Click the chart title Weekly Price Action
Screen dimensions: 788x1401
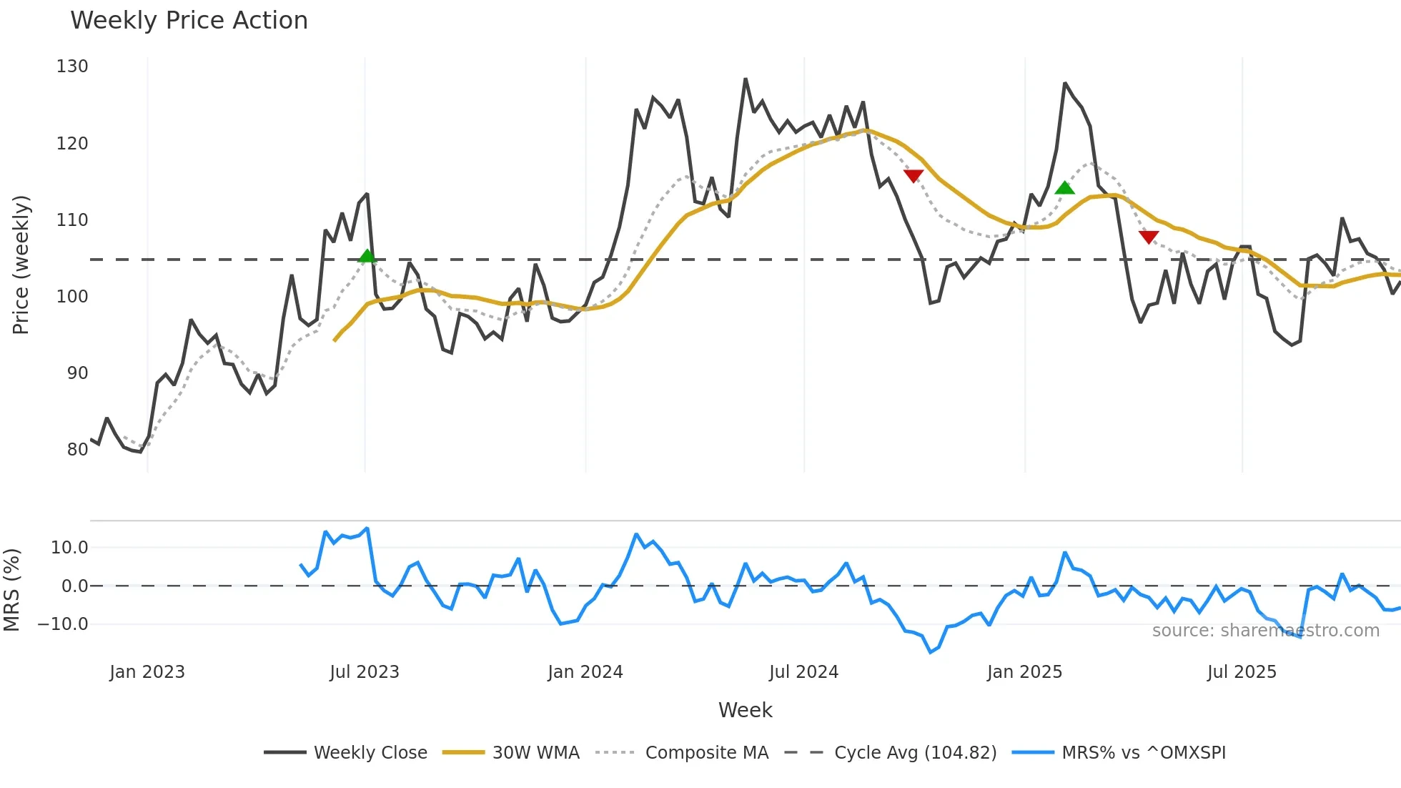(x=189, y=21)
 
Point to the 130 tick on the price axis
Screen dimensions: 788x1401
(x=72, y=67)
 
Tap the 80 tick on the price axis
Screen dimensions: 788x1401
(x=77, y=450)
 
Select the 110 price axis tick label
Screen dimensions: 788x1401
(x=72, y=220)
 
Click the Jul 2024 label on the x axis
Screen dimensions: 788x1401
(x=803, y=672)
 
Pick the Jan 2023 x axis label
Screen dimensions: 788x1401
(x=147, y=672)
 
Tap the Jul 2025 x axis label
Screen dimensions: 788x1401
(x=1242, y=672)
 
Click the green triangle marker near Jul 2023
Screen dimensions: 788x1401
(x=367, y=256)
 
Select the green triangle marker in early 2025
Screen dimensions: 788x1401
(x=1064, y=188)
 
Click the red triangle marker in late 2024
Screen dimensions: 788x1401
(x=914, y=176)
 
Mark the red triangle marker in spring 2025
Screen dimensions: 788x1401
(x=1149, y=237)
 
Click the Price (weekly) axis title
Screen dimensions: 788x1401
(x=21, y=265)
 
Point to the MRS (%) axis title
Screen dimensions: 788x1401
(x=11, y=590)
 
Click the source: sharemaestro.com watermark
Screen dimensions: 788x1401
(x=1265, y=631)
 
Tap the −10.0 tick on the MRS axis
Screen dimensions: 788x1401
(x=63, y=624)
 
